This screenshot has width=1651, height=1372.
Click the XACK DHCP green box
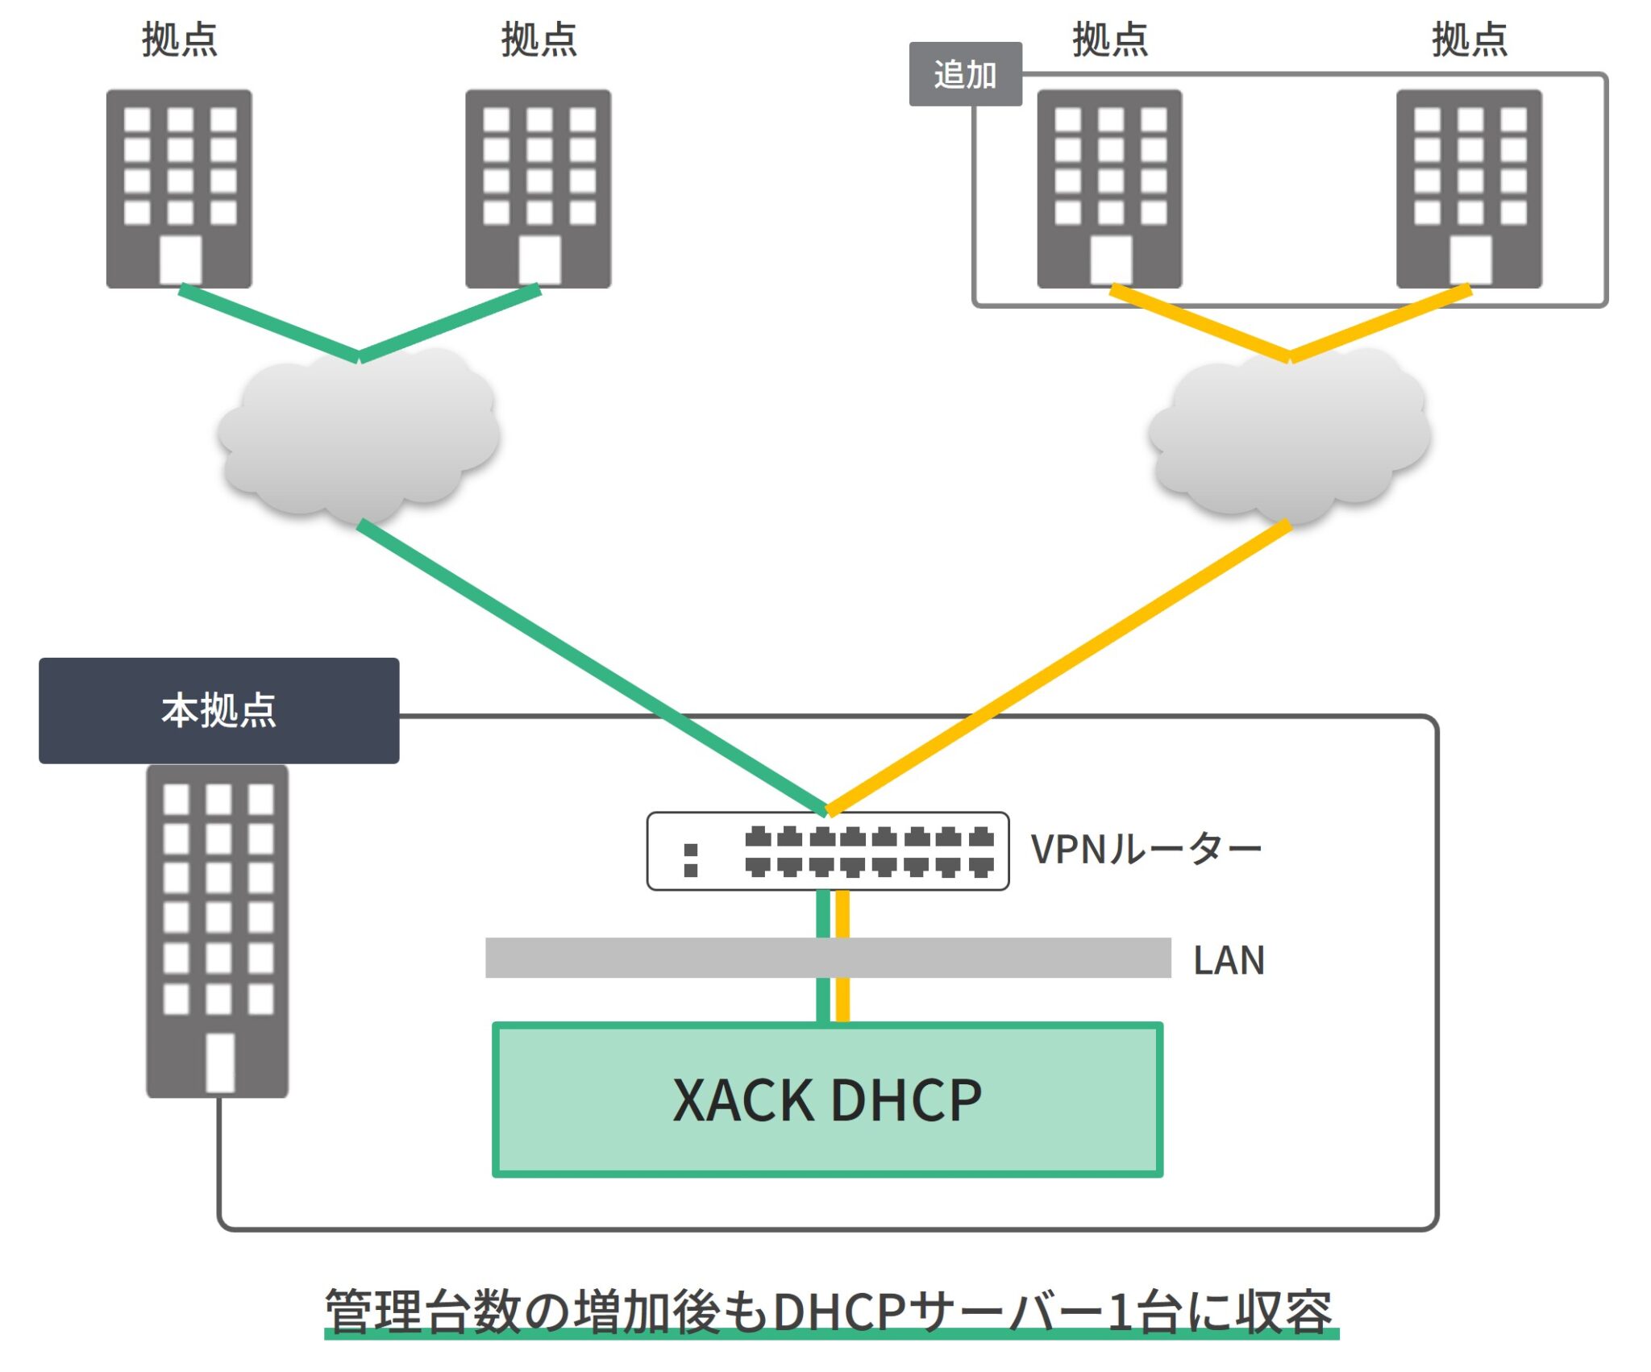tap(827, 1100)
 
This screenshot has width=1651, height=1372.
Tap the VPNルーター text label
tap(1146, 850)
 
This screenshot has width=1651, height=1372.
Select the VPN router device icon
tap(827, 851)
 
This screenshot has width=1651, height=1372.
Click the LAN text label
tap(1229, 960)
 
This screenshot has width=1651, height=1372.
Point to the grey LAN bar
tap(645, 958)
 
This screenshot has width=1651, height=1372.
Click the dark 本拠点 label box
tap(218, 710)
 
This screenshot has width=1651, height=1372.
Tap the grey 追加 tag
tap(965, 74)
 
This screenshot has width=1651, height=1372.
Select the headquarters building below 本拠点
tap(217, 931)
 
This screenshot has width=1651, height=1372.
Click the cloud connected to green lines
tap(358, 435)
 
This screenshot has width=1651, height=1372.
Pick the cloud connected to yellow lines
tap(1288, 435)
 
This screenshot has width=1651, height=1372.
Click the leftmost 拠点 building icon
tap(179, 189)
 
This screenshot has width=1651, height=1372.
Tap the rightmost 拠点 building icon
tap(1469, 189)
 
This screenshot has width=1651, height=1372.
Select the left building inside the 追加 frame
tap(1109, 189)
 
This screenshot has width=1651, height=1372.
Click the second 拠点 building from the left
tap(538, 189)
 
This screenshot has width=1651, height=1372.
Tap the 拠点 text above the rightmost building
tap(1469, 39)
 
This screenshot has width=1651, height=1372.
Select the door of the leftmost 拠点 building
tap(181, 259)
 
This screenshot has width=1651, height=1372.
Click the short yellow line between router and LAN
tap(842, 914)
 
